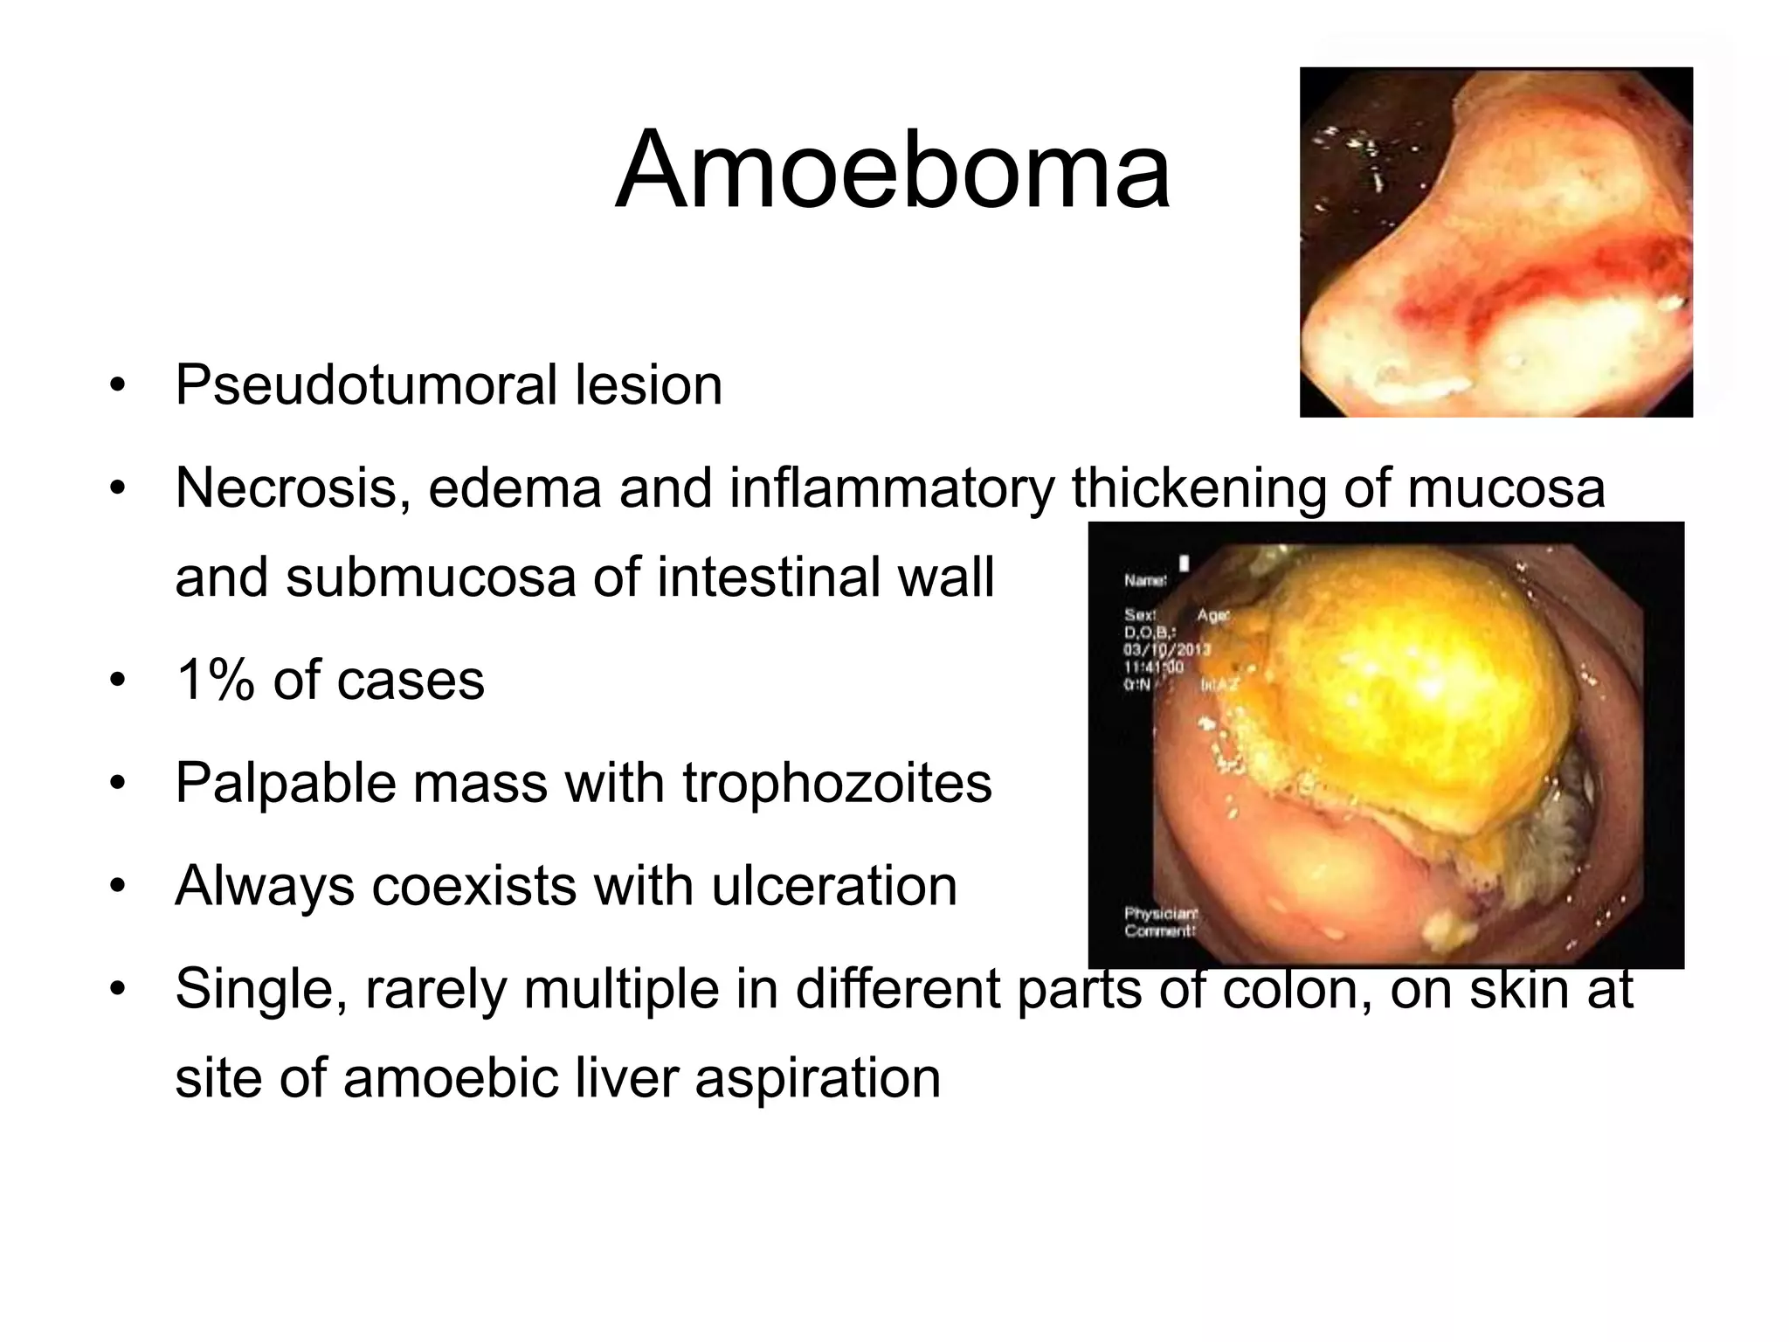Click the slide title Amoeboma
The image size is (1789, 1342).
(892, 170)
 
